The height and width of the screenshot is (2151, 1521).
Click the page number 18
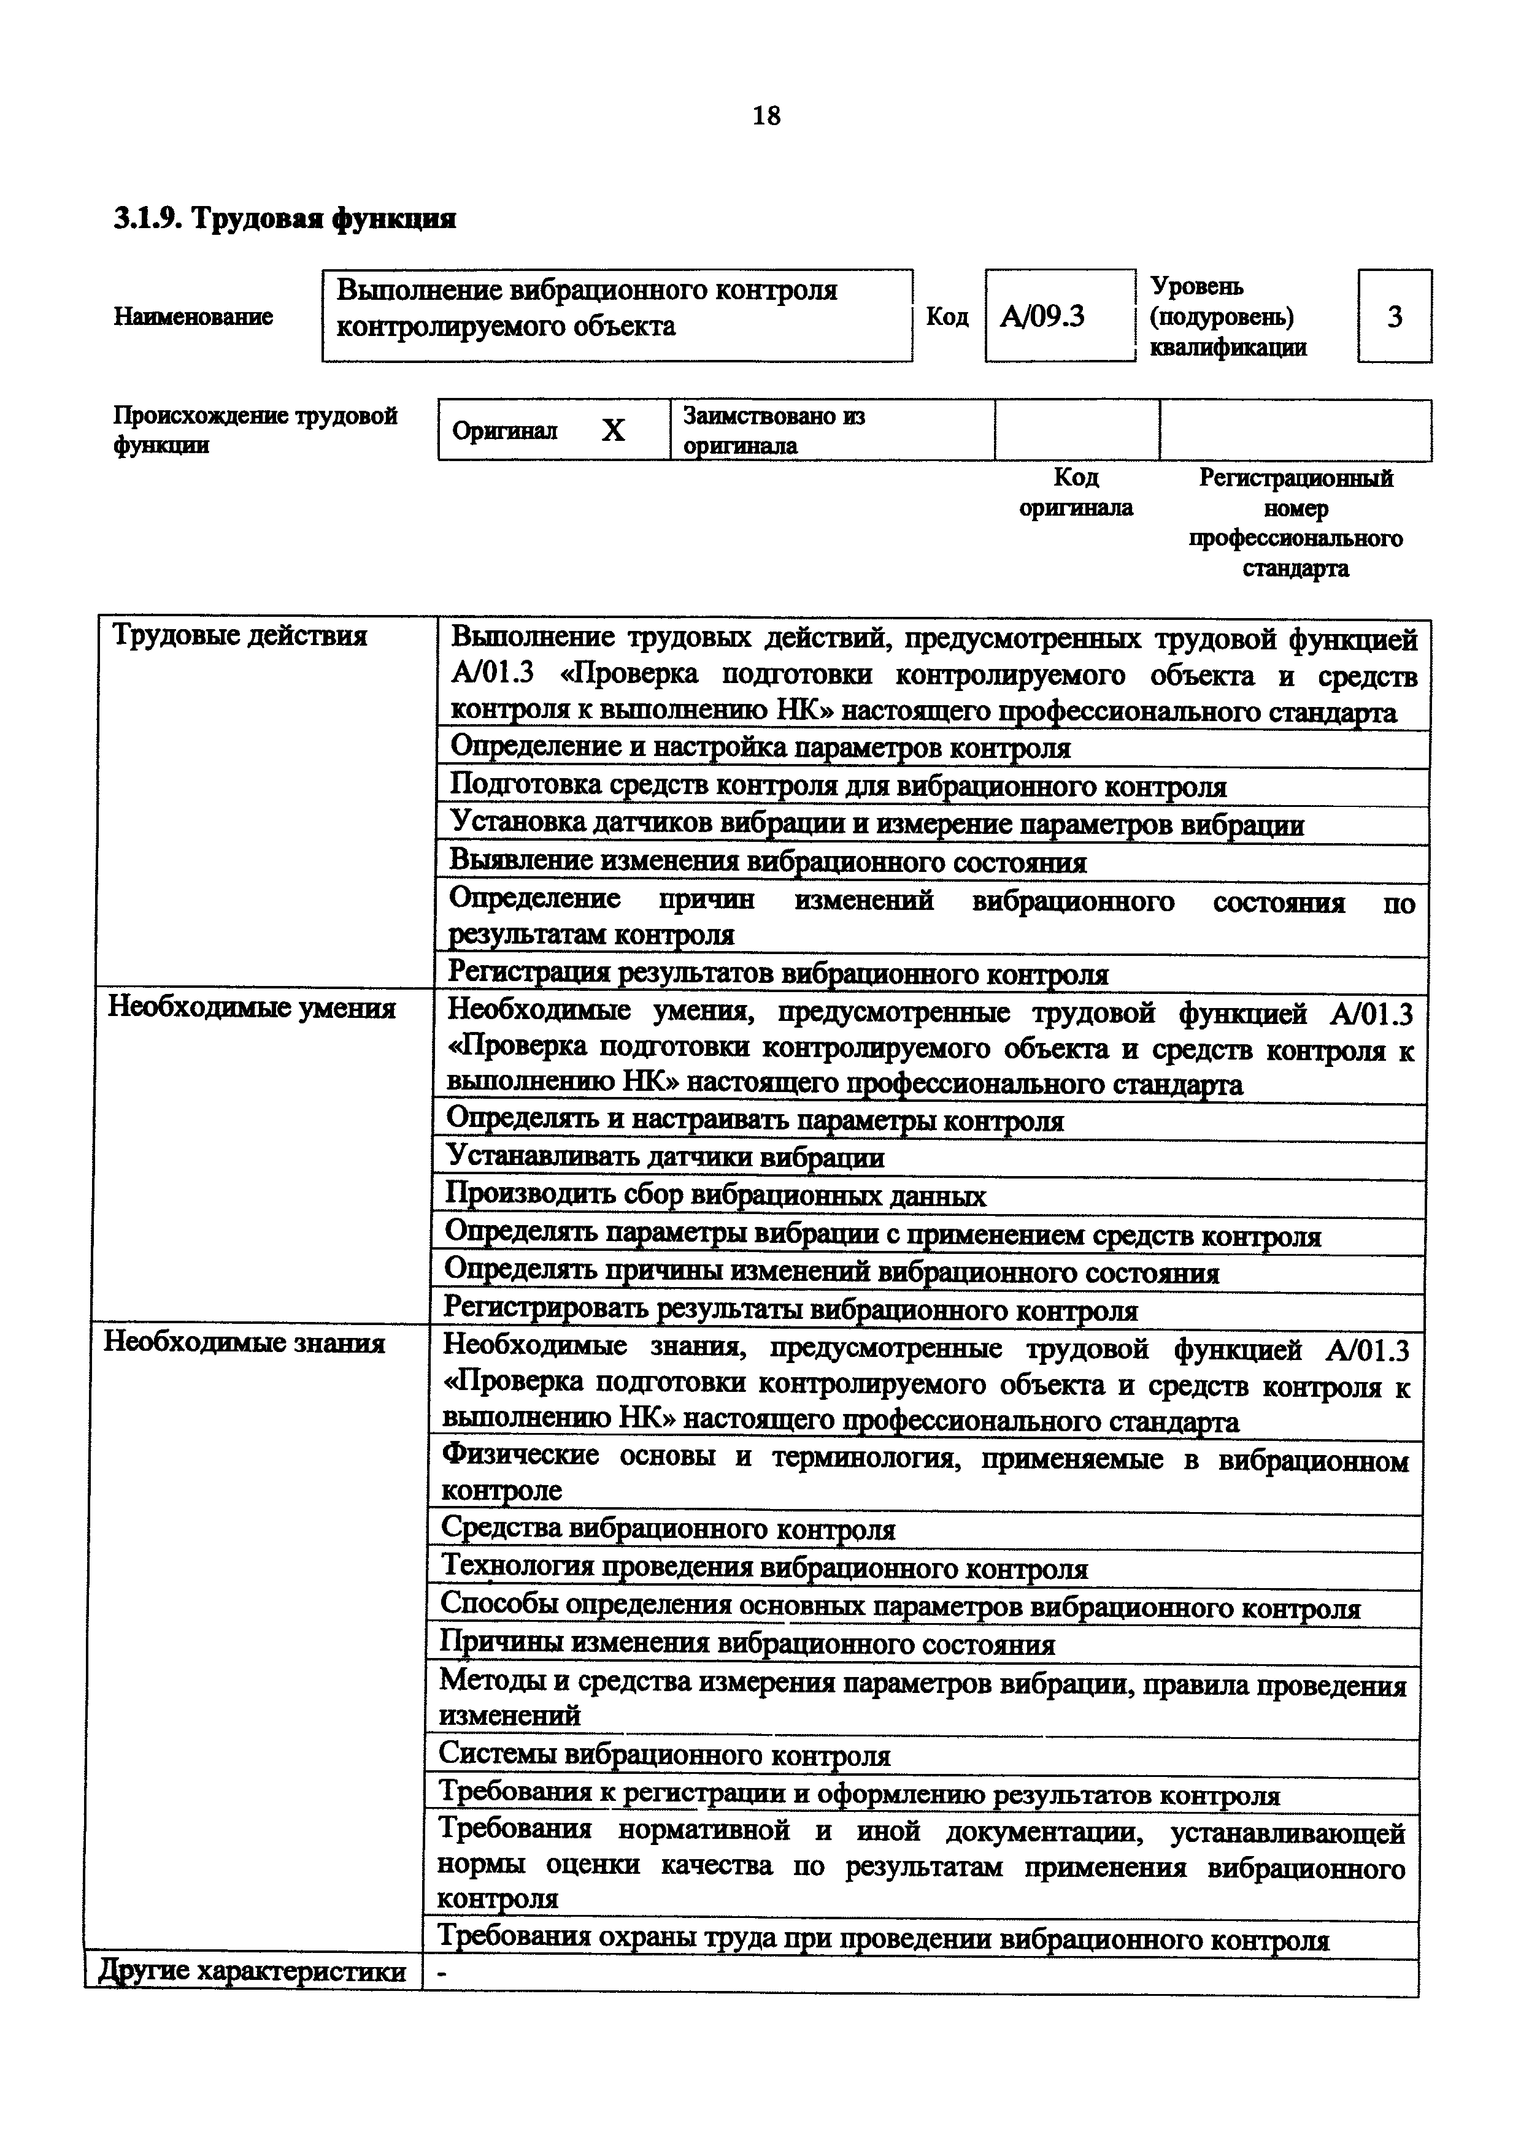[x=766, y=116]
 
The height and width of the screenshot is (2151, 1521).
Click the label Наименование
[x=193, y=316]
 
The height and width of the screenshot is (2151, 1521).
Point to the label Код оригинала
[x=1076, y=493]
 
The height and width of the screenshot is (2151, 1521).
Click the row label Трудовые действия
[x=240, y=636]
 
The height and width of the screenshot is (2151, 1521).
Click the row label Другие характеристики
[x=252, y=1971]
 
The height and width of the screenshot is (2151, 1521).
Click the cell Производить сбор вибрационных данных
[x=715, y=1196]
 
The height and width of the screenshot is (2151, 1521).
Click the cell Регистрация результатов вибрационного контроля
[x=778, y=974]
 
